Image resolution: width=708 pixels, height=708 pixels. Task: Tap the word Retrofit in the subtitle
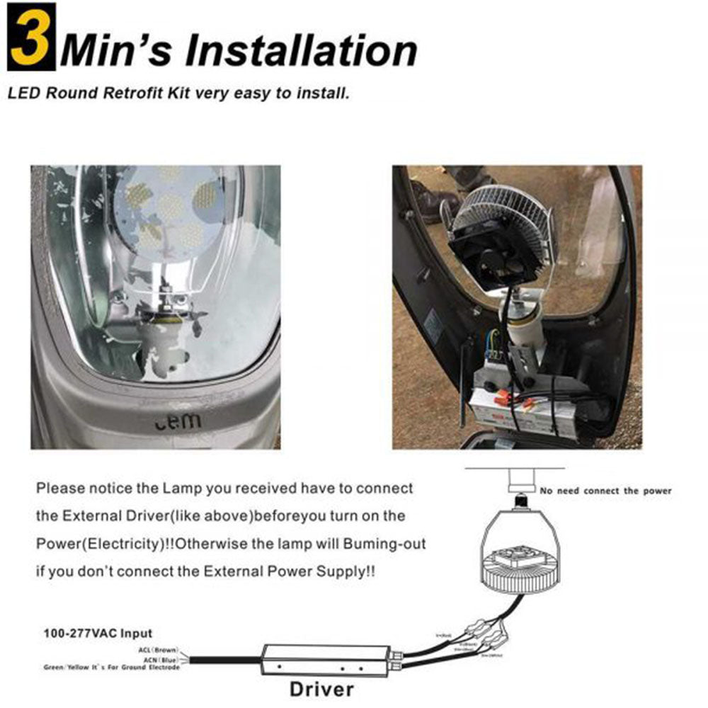156,93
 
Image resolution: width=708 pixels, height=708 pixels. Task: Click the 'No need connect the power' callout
605,491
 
